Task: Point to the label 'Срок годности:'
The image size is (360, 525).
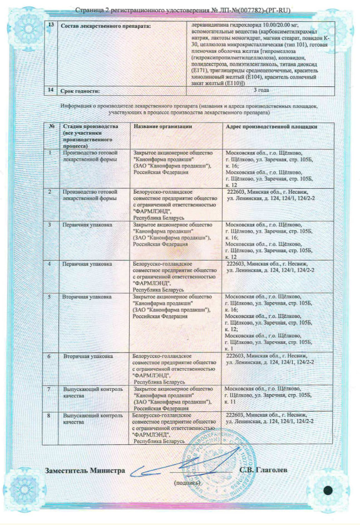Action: [81, 90]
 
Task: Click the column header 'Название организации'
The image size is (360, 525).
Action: [162, 126]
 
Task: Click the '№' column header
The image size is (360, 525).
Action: [52, 126]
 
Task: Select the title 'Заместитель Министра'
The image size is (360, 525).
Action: [85, 470]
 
